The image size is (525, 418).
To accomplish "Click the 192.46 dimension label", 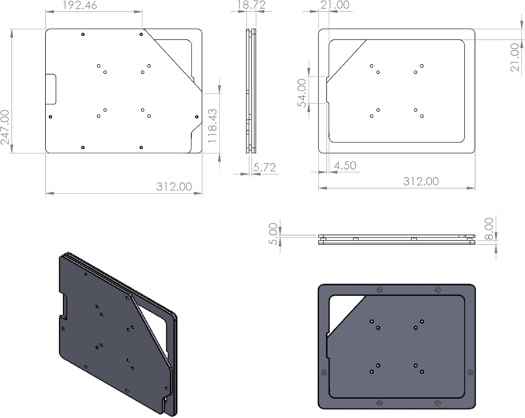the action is (x=80, y=5).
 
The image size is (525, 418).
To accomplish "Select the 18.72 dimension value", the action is (x=251, y=5).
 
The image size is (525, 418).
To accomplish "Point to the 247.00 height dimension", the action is (x=5, y=127).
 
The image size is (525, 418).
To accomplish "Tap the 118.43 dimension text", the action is (x=212, y=126).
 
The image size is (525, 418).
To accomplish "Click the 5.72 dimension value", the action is (x=265, y=167).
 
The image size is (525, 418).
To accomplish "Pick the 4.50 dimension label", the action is (x=345, y=166).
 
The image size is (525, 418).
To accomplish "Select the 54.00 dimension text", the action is (x=302, y=93).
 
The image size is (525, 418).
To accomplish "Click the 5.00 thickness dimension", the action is (x=273, y=234).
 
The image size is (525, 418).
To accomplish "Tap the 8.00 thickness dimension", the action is (x=489, y=229).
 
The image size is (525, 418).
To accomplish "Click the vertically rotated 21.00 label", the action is (x=515, y=57).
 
